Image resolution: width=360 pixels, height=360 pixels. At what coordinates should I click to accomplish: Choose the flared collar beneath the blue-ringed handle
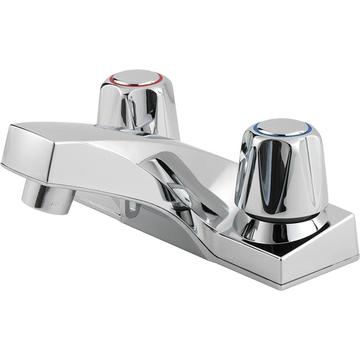[x=277, y=229]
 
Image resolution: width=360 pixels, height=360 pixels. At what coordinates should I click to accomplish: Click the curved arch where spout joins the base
[x=173, y=180]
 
